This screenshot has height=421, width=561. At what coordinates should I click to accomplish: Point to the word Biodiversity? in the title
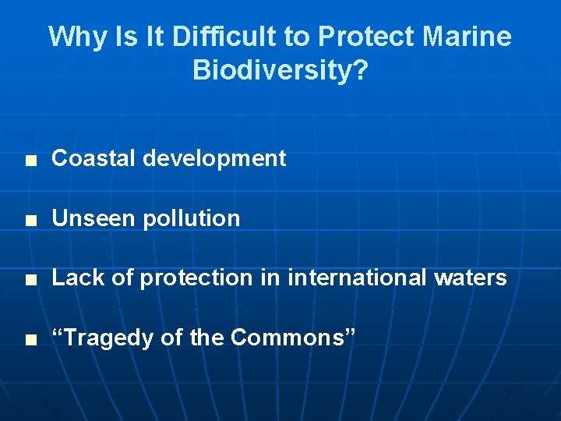[280, 71]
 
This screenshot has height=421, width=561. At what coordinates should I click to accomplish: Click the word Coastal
[93, 158]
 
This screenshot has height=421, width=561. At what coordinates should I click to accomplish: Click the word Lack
[76, 278]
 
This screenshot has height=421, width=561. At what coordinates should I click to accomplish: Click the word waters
[471, 278]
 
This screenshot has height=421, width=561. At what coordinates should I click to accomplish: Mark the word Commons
[288, 338]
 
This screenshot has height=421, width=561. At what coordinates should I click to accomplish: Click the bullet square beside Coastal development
[30, 160]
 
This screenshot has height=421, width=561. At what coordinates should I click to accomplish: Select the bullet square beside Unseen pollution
[30, 220]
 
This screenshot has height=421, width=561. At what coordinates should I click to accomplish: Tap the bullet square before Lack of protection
[30, 279]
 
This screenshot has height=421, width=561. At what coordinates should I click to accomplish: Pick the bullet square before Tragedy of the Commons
[30, 339]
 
